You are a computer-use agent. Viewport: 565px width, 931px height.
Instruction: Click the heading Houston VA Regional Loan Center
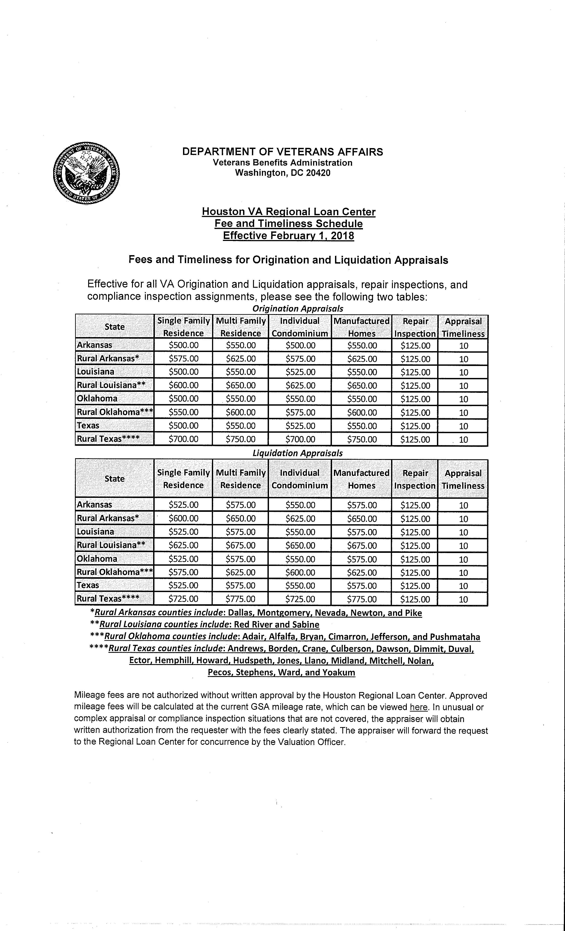288,212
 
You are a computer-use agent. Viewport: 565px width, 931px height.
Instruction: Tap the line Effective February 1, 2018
288,236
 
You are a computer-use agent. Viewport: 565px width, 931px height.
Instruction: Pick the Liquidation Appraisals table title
298,453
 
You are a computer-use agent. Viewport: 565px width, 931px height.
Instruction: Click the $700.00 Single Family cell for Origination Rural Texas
183,439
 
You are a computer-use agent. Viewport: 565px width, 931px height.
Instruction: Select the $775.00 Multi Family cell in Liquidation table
241,599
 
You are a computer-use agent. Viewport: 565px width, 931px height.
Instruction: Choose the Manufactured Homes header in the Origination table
361,327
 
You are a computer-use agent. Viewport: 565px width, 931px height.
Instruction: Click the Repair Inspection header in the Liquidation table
415,479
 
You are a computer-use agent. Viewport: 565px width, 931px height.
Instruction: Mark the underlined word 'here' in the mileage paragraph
419,707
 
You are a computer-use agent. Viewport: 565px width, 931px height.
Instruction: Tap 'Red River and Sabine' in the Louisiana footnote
277,625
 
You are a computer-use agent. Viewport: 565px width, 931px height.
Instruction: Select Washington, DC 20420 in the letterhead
282,173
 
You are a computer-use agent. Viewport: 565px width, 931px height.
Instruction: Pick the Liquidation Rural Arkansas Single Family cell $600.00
183,518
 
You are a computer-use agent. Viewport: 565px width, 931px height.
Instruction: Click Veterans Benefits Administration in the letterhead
282,163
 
